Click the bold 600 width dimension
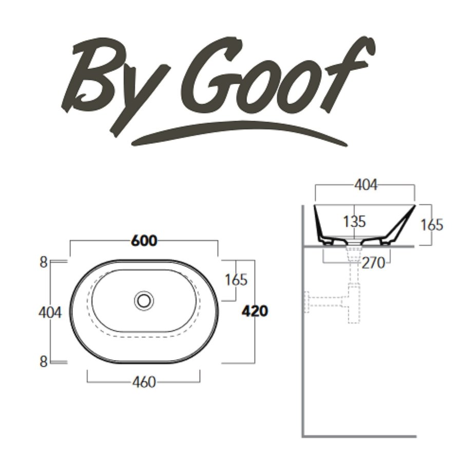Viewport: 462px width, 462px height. click(144, 240)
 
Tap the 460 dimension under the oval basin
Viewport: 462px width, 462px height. click(144, 382)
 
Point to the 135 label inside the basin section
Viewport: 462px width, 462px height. click(354, 222)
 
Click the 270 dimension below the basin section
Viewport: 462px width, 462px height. click(373, 263)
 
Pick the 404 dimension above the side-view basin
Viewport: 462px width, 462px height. click(365, 185)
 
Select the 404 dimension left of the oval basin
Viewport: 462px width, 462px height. click(50, 312)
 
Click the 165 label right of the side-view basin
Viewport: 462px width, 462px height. click(431, 224)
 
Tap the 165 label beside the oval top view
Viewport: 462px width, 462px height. click(236, 280)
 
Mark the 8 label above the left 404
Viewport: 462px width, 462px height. click(44, 262)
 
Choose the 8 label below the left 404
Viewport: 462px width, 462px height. click(44, 361)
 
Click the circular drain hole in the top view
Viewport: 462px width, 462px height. click(144, 300)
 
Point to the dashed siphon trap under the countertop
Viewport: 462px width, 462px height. click(353, 303)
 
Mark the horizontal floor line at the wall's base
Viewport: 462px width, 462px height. click(359, 436)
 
